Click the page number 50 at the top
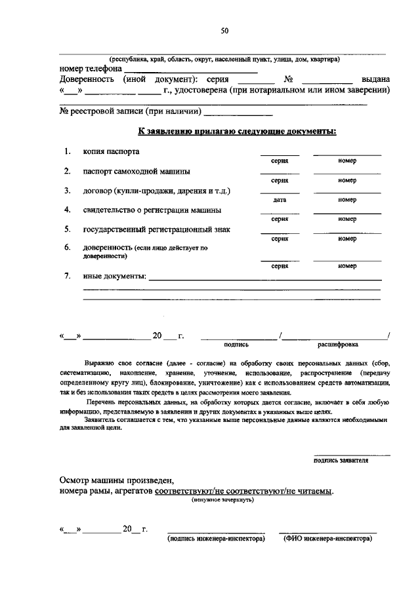pyautogui.click(x=224, y=31)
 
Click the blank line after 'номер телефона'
pyautogui.click(x=190, y=69)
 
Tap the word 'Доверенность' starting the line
pyautogui.click(x=87, y=79)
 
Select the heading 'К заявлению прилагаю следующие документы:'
pyautogui.click(x=237, y=131)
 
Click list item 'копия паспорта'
pyautogui.click(x=111, y=152)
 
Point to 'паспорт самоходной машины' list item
pyautogui.click(x=136, y=172)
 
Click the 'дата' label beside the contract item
pyautogui.click(x=280, y=200)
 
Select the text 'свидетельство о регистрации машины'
pyautogui.click(x=152, y=210)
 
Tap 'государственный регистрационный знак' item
pyautogui.click(x=156, y=230)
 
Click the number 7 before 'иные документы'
pyautogui.click(x=67, y=276)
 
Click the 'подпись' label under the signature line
pyautogui.click(x=236, y=343)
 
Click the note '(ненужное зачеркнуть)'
pyautogui.click(x=222, y=500)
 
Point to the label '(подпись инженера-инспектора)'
pyautogui.click(x=216, y=539)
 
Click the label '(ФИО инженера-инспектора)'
pyautogui.click(x=327, y=539)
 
